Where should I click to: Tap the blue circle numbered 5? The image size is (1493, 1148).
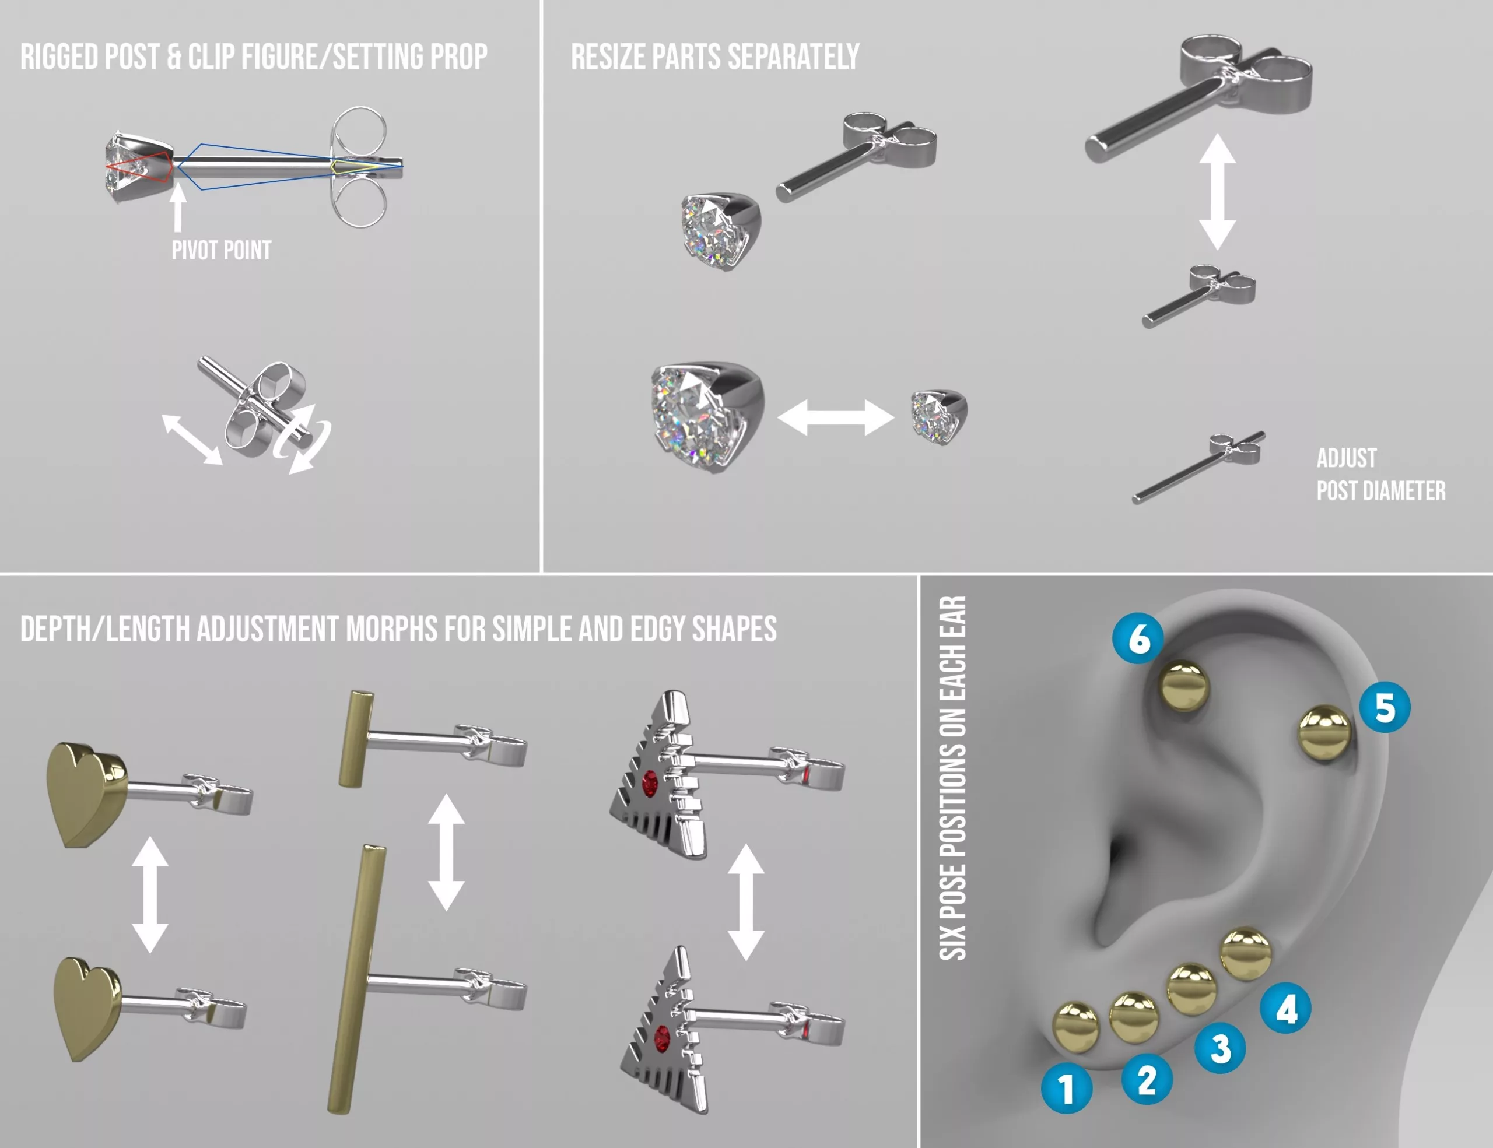tap(1385, 707)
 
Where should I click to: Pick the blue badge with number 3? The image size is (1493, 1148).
tap(1220, 1048)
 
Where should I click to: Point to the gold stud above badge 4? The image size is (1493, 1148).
tap(1246, 953)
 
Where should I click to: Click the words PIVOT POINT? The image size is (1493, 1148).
tap(221, 250)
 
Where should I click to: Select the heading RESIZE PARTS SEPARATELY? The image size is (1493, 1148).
tap(714, 57)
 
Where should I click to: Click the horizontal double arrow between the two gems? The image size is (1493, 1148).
tap(835, 417)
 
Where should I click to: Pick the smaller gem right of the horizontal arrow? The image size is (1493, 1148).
tap(938, 416)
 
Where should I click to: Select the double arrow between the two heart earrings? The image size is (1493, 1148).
tap(150, 894)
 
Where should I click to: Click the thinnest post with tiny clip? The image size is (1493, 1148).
tap(1198, 468)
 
